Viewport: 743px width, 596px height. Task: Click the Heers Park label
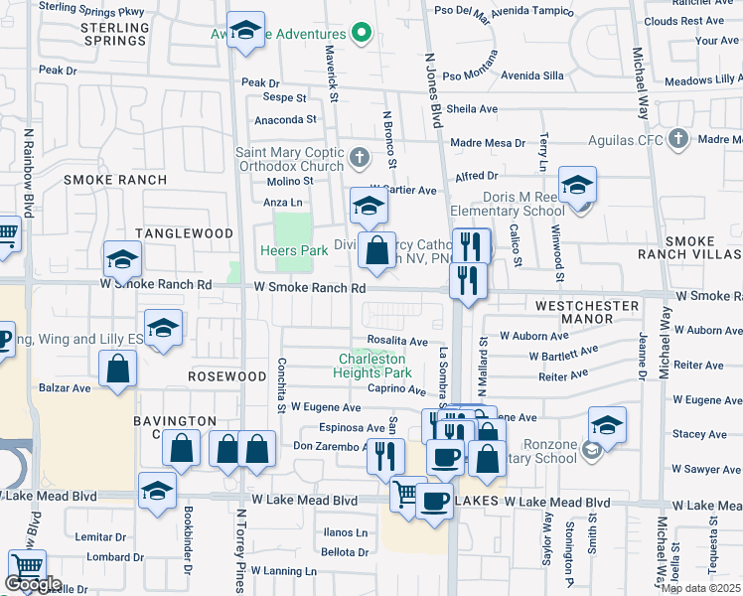coord(294,251)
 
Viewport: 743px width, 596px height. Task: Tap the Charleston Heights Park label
coord(374,366)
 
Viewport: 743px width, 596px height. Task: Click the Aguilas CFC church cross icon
coord(678,139)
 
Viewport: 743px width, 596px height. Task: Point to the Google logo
coord(33,584)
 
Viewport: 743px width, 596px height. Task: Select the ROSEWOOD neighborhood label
coord(227,377)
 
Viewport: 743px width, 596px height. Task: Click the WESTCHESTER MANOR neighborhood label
coord(587,312)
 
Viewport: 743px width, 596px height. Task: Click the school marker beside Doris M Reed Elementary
coord(577,184)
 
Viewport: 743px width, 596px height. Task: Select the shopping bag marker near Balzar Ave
coord(118,369)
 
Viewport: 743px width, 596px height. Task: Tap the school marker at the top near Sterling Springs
coord(244,31)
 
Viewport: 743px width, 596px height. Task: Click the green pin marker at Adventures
coord(362,34)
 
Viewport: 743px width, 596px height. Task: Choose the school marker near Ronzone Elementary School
coord(607,424)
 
